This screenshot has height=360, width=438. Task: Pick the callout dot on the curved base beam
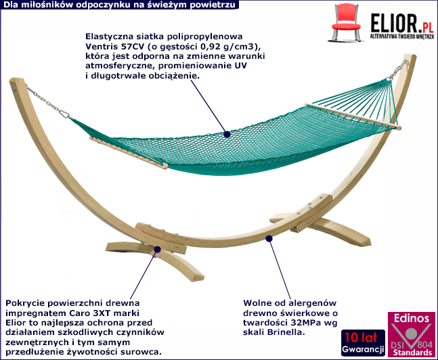pos(269,238)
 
